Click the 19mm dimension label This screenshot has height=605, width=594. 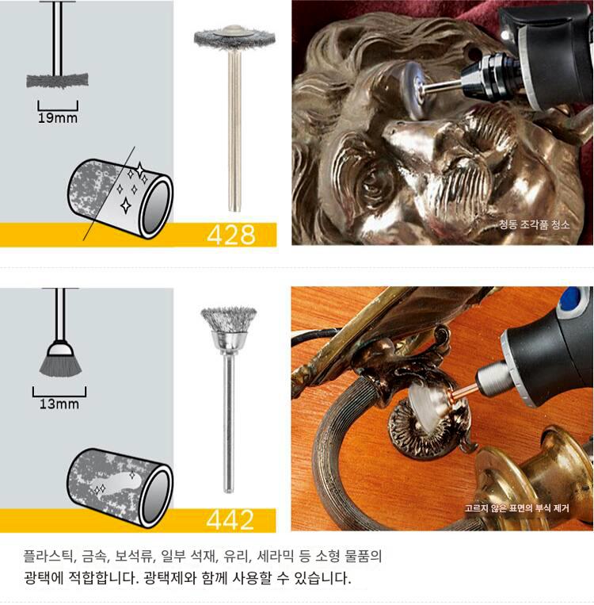click(58, 117)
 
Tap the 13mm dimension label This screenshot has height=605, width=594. click(59, 404)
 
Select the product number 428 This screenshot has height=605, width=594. click(231, 235)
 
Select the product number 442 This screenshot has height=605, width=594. click(230, 519)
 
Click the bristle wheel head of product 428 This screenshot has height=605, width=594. click(234, 37)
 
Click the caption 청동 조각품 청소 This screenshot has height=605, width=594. click(534, 224)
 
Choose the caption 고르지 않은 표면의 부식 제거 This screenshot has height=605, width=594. click(516, 507)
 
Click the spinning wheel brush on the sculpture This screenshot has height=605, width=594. click(413, 90)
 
